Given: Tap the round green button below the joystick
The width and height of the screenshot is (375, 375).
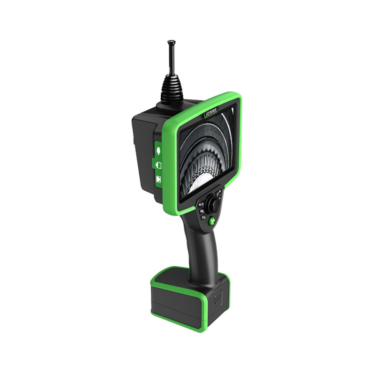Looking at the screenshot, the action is click(211, 221).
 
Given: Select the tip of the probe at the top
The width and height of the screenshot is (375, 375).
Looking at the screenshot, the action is click(171, 42).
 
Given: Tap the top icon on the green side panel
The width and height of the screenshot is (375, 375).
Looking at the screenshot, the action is click(158, 151).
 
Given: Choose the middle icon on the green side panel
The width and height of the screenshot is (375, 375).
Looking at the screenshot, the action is click(158, 165).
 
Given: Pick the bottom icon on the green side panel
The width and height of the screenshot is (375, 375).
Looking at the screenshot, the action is click(158, 179).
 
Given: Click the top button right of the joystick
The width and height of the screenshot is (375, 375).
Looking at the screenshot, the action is click(219, 193).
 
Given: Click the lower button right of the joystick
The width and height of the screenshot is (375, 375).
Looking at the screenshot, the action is click(219, 199).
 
